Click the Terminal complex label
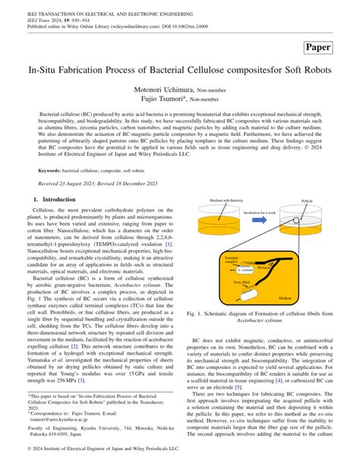point(231,260)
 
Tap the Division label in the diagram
point(264,266)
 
